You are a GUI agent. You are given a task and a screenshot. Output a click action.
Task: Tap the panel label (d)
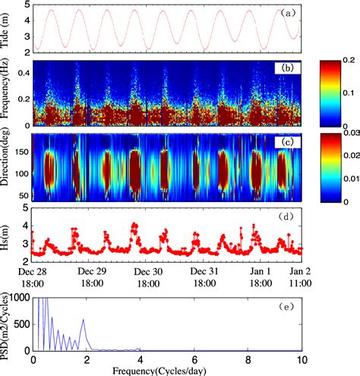(x=288, y=216)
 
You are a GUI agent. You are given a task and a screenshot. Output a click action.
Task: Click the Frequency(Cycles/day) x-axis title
(x=168, y=370)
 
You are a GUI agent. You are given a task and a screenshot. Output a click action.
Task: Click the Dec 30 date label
(x=146, y=270)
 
